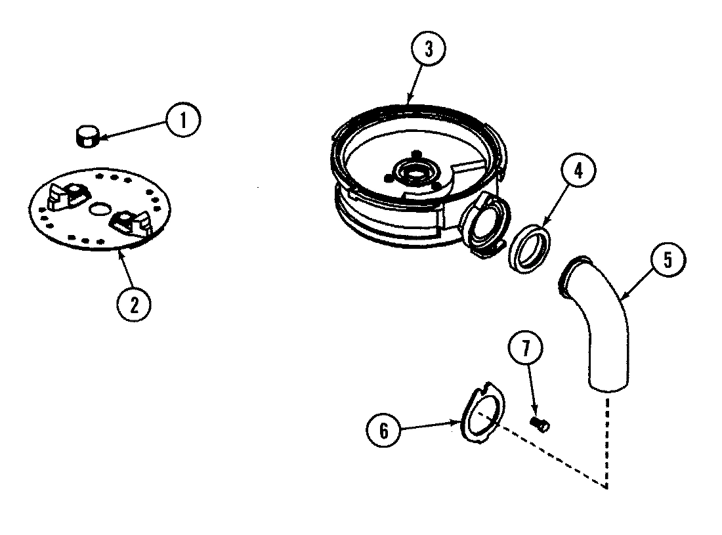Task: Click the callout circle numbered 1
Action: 182,121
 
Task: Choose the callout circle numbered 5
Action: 667,261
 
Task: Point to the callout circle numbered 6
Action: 383,431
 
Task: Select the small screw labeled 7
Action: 540,424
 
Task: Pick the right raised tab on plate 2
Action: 127,221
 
